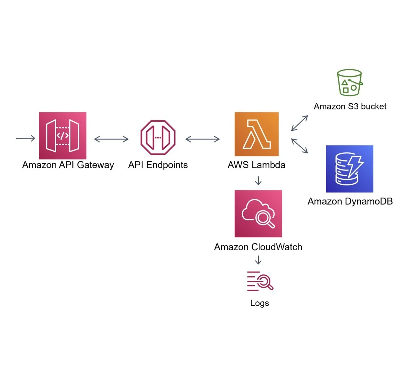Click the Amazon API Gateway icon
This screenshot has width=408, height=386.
click(x=62, y=135)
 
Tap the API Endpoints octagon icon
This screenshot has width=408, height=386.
click(x=158, y=138)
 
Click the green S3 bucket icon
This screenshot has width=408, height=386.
click(x=349, y=83)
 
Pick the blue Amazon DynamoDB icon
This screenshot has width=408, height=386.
click(x=349, y=169)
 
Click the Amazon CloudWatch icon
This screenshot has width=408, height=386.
click(x=258, y=214)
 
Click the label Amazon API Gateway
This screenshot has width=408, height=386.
click(x=68, y=165)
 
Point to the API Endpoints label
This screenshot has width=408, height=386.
click(x=158, y=165)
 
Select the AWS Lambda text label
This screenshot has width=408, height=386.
click(x=257, y=165)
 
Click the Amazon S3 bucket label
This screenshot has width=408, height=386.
click(x=350, y=106)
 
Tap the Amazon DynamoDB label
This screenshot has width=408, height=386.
click(x=350, y=201)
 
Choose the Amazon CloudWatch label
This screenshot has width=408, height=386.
click(x=258, y=247)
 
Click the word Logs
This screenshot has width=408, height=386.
click(x=260, y=303)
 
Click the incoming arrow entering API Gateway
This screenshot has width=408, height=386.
click(x=26, y=138)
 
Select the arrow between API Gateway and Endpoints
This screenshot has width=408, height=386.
click(x=111, y=139)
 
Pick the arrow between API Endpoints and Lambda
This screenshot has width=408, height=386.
click(x=202, y=139)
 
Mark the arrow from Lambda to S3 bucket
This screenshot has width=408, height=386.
click(x=300, y=123)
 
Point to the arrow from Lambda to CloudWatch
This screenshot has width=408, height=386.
click(x=258, y=180)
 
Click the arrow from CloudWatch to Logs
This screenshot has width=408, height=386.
click(x=258, y=260)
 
